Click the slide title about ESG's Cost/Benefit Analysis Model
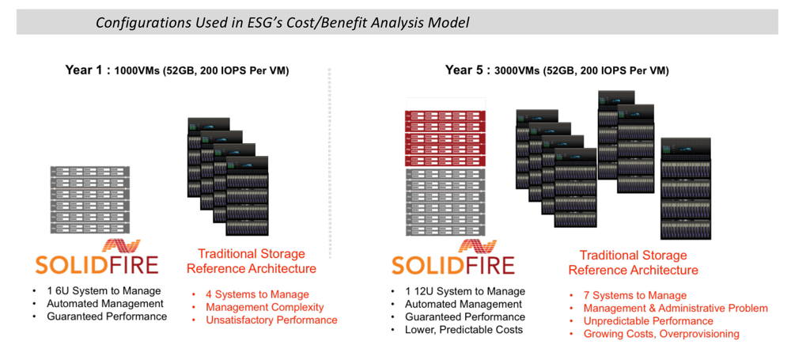tap(282, 22)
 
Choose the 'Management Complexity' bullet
tap(264, 307)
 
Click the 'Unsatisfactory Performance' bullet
tap(271, 320)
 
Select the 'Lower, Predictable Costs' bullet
tap(464, 329)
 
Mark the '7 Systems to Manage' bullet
tap(631, 296)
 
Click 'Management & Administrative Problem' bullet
tap(676, 309)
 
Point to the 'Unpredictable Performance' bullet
tap(648, 321)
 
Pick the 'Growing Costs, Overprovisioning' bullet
tap(661, 334)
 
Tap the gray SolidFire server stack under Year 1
tap(89, 199)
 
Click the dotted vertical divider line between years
tap(329, 158)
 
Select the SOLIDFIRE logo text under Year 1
tap(97, 263)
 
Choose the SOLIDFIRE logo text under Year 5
tap(452, 264)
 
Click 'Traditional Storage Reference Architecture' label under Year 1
tap(251, 261)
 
